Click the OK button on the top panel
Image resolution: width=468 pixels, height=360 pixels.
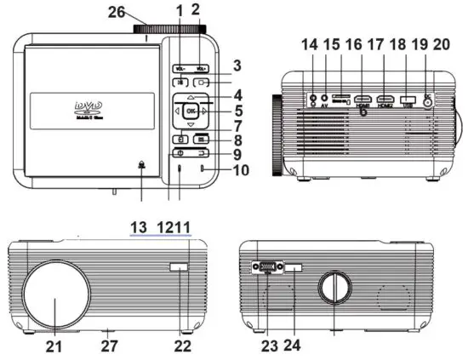[x=191, y=111]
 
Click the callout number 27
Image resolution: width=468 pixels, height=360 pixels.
[x=108, y=347]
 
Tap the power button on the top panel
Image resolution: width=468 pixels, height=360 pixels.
[x=180, y=153]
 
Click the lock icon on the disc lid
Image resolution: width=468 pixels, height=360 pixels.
[x=140, y=166]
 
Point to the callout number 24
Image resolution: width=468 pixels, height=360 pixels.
[x=293, y=347]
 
